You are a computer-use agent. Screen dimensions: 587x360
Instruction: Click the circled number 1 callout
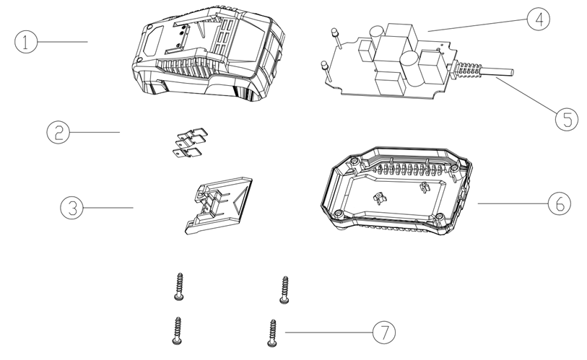(x=26, y=42)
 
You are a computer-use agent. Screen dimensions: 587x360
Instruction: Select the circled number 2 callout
(x=58, y=132)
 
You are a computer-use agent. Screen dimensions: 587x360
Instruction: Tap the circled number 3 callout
(x=71, y=207)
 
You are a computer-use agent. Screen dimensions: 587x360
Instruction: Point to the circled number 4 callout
(x=539, y=19)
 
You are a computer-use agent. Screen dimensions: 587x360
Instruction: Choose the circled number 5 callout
(x=566, y=119)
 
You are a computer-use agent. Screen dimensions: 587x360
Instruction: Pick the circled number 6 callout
(x=560, y=203)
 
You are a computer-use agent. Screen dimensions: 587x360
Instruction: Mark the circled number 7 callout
(x=384, y=332)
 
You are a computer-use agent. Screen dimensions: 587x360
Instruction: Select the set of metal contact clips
(x=191, y=143)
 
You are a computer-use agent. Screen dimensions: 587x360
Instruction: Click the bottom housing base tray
(x=397, y=191)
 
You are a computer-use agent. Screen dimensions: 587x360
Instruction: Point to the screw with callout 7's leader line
(x=272, y=333)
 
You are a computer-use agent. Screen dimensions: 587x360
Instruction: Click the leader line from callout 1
(x=63, y=42)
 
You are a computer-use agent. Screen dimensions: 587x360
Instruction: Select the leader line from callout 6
(x=513, y=203)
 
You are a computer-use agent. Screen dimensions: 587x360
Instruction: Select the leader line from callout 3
(x=108, y=207)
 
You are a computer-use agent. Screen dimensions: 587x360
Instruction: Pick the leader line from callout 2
(x=95, y=132)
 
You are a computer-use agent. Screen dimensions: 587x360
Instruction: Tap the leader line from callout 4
(x=477, y=25)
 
